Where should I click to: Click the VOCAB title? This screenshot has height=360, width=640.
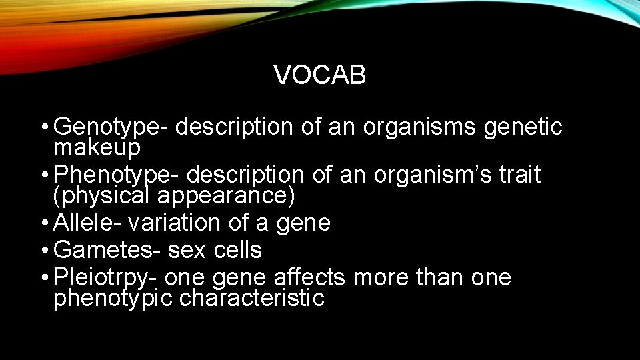point(319,76)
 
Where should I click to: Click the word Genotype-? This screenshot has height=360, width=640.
point(113,127)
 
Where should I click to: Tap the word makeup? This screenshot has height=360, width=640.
point(97,147)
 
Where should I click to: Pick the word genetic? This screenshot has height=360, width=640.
point(523,127)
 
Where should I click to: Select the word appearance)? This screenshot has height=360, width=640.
point(226,195)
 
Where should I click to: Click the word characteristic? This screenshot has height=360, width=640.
point(251,298)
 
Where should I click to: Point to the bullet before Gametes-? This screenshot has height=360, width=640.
point(43,251)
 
